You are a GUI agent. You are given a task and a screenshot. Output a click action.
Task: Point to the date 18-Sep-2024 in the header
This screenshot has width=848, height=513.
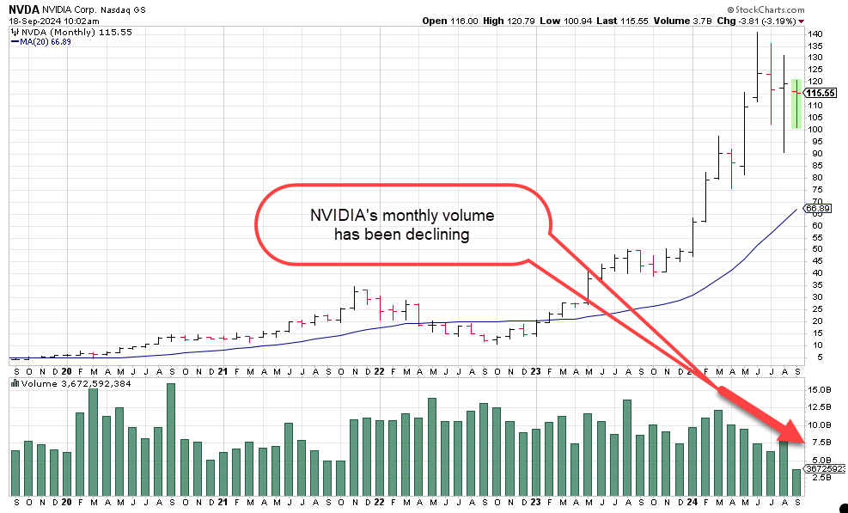[x=32, y=21]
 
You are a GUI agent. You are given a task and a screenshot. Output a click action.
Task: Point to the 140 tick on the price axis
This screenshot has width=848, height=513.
[x=814, y=34]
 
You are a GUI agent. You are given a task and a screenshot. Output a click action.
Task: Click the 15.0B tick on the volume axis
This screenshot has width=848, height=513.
[x=819, y=389]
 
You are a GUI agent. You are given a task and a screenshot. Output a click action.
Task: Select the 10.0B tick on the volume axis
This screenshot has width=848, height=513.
[x=819, y=424]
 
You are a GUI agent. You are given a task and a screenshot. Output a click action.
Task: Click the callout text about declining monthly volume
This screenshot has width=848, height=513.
[x=402, y=224]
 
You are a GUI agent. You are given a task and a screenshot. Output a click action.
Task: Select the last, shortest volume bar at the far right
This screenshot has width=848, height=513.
[x=796, y=482]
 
